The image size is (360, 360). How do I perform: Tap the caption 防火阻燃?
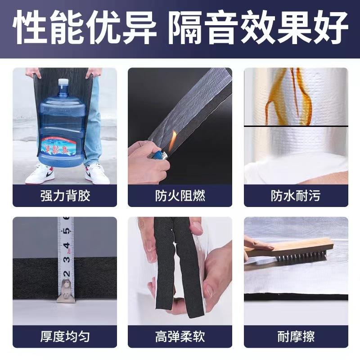[180, 196]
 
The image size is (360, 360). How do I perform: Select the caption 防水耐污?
[296, 196]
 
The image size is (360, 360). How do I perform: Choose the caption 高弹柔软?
[180, 336]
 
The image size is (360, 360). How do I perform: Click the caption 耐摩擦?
[296, 336]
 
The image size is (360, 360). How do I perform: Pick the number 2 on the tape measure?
[67, 273]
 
